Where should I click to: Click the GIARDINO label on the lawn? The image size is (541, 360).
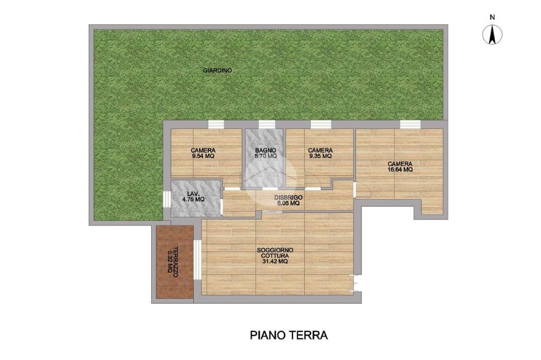pyautogui.click(x=217, y=70)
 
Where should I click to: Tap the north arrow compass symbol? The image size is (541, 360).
pyautogui.click(x=492, y=35)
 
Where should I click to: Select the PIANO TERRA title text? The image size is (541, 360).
pyautogui.click(x=289, y=335)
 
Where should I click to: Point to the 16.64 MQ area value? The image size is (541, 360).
pyautogui.click(x=400, y=169)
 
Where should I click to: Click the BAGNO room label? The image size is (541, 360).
pyautogui.click(x=266, y=150)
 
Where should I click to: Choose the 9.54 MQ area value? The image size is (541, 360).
pyautogui.click(x=203, y=156)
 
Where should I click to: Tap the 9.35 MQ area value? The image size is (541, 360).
pyautogui.click(x=320, y=156)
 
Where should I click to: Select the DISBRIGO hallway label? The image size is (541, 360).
pyautogui.click(x=288, y=197)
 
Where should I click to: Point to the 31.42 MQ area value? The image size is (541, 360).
pyautogui.click(x=275, y=261)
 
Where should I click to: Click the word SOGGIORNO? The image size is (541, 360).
pyautogui.click(x=275, y=250)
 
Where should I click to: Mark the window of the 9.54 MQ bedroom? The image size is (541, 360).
pyautogui.click(x=216, y=124)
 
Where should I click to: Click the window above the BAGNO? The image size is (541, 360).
pyautogui.click(x=267, y=124)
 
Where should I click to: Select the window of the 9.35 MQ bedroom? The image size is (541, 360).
pyautogui.click(x=321, y=124)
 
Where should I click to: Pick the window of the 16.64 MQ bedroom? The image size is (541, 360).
pyautogui.click(x=410, y=124)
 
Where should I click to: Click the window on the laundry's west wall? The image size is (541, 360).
pyautogui.click(x=166, y=199)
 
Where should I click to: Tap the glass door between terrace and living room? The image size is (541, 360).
pyautogui.click(x=198, y=260)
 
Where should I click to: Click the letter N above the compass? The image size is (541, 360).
pyautogui.click(x=492, y=17)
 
